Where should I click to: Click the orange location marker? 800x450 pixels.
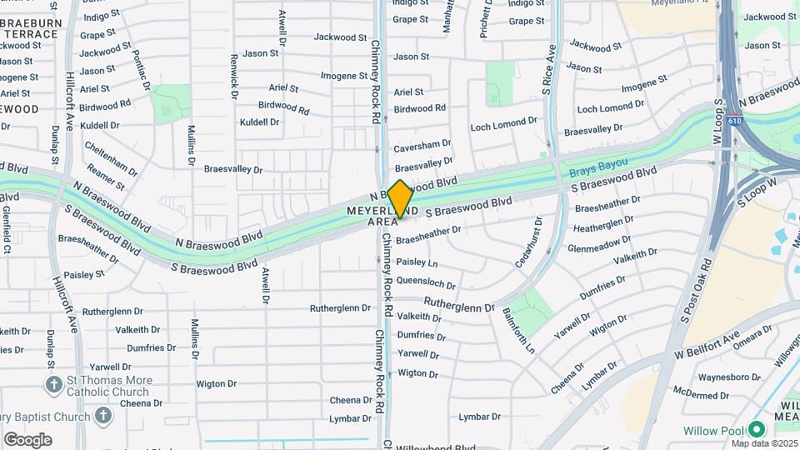400,198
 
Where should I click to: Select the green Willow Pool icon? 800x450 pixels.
756,430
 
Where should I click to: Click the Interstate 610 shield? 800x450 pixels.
733,121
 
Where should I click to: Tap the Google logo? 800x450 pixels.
27,440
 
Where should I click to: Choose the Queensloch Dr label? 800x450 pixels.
424,282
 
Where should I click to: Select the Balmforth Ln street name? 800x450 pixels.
517,331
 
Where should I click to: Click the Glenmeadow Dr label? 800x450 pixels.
598,246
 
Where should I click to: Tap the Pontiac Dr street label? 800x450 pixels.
140,69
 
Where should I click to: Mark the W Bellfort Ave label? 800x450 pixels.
707,345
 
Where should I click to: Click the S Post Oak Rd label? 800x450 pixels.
695,292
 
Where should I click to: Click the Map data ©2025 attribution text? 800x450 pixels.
765,443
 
